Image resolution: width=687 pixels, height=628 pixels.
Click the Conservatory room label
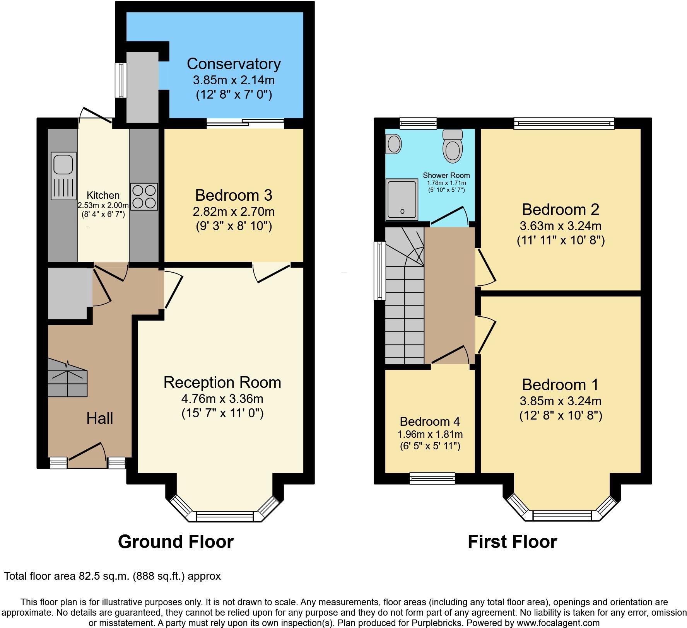(234, 64)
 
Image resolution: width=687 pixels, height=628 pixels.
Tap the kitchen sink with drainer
(63, 176)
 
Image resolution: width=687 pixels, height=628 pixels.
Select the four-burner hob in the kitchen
(144, 196)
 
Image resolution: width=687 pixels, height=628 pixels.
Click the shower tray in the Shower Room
(402, 199)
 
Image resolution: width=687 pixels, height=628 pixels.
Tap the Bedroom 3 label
(234, 195)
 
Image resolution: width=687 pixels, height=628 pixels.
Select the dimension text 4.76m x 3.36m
(222, 398)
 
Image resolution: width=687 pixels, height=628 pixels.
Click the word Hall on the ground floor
(100, 418)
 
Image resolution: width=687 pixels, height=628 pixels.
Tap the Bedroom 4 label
(430, 421)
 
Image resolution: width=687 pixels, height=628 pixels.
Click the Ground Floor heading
(176, 542)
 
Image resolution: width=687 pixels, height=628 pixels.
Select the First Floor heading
(512, 542)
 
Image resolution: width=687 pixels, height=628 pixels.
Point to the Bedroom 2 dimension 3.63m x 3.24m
(561, 226)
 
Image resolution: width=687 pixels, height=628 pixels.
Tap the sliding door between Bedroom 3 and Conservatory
(245, 123)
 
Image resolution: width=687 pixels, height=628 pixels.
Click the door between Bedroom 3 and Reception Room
(272, 273)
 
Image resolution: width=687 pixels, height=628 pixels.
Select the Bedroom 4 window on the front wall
(432, 478)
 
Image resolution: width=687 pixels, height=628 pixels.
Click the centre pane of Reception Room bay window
(225, 516)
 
